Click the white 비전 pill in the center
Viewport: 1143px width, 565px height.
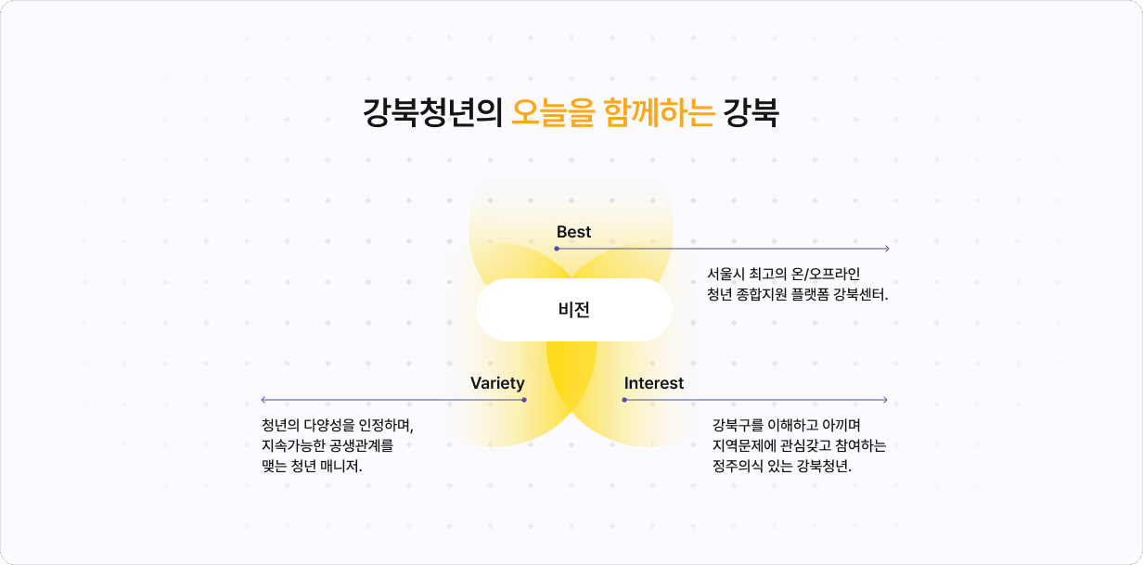click(574, 310)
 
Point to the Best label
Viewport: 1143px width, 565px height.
click(573, 232)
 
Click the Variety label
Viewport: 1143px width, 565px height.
click(497, 383)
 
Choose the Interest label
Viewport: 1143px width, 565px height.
click(654, 383)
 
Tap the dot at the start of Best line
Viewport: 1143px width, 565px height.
click(557, 249)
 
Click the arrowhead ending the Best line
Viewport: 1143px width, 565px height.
click(887, 249)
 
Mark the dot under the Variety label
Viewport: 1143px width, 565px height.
click(524, 400)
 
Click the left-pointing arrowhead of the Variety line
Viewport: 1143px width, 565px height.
click(264, 400)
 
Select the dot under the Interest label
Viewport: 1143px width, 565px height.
click(624, 400)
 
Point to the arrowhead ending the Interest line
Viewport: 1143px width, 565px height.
click(885, 400)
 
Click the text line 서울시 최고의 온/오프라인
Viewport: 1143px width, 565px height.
click(784, 275)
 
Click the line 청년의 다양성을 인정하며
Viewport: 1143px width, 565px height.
click(338, 426)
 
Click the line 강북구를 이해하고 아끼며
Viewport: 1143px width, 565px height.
click(787, 426)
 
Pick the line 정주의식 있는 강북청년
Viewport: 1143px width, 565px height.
click(782, 467)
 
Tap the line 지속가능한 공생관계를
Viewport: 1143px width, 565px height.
click(327, 446)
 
